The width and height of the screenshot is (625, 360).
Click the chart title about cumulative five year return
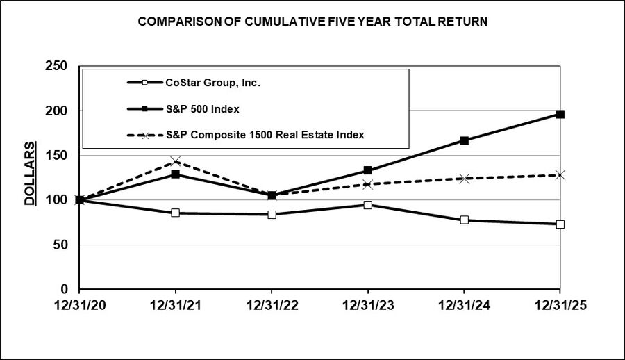pyautogui.click(x=312, y=22)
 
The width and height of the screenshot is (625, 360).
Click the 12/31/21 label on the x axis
pyautogui.click(x=176, y=306)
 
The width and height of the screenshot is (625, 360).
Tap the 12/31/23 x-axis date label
pyautogui.click(x=368, y=306)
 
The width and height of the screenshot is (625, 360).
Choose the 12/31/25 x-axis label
pyautogui.click(x=560, y=306)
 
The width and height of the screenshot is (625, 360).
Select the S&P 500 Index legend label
pyautogui.click(x=203, y=109)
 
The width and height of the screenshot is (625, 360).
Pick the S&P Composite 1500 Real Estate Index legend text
pyautogui.click(x=265, y=135)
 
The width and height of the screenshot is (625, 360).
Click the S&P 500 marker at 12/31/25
pyautogui.click(x=560, y=114)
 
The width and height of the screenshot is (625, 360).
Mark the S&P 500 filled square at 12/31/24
pyautogui.click(x=464, y=140)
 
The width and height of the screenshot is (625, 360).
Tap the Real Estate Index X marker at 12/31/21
pyautogui.click(x=176, y=161)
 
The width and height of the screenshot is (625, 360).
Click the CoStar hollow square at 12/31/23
pyautogui.click(x=368, y=205)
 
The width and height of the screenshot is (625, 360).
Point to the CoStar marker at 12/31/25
pyautogui.click(x=560, y=224)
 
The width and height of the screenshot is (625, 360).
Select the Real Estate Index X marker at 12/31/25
pyautogui.click(x=560, y=175)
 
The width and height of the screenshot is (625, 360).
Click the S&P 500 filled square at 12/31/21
pyautogui.click(x=176, y=174)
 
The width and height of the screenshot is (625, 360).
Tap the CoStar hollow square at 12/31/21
pyautogui.click(x=176, y=213)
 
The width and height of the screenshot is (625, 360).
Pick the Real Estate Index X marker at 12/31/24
pyautogui.click(x=464, y=179)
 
